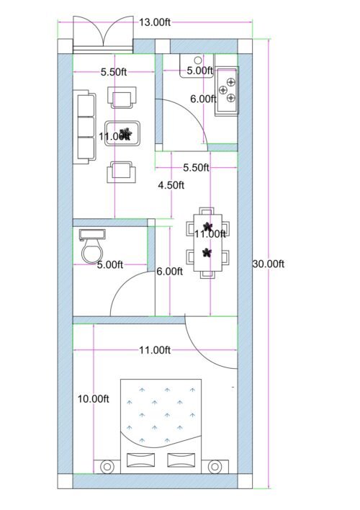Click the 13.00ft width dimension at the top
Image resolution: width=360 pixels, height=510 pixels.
[155, 22]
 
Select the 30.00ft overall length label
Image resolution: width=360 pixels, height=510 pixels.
[269, 264]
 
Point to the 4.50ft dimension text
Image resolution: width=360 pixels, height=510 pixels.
[171, 185]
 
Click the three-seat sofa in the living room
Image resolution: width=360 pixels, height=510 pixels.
[86, 126]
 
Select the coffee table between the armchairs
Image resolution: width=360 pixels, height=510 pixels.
[123, 134]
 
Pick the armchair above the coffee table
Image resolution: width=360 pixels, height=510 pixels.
[122, 97]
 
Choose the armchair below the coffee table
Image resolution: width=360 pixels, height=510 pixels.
[122, 172]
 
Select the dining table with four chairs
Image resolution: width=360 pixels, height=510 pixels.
[208, 242]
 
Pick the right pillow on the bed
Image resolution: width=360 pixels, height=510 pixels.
[181, 460]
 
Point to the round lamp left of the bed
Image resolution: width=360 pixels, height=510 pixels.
[107, 467]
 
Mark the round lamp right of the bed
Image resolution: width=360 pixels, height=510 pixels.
[215, 467]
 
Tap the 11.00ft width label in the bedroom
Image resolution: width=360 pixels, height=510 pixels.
[155, 351]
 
